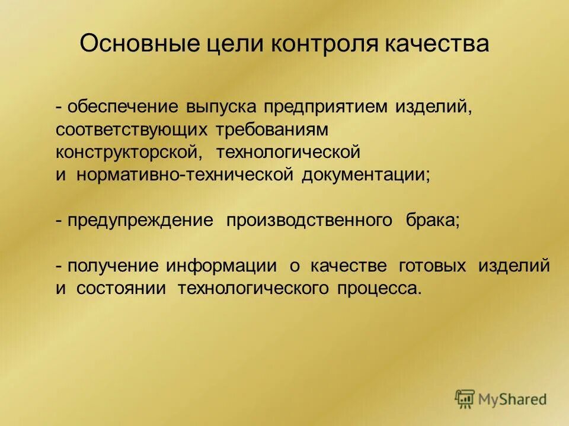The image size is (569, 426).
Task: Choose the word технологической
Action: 288,151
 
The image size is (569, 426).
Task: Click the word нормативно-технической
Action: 186,174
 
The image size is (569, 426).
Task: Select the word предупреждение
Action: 140,221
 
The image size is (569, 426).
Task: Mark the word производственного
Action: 309,221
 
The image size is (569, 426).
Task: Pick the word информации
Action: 221,266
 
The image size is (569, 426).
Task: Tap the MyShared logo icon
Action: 465,399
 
